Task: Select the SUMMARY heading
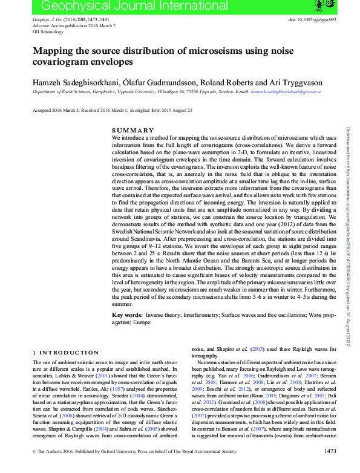133,131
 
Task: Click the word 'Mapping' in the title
54,52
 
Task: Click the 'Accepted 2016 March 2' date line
53,111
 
